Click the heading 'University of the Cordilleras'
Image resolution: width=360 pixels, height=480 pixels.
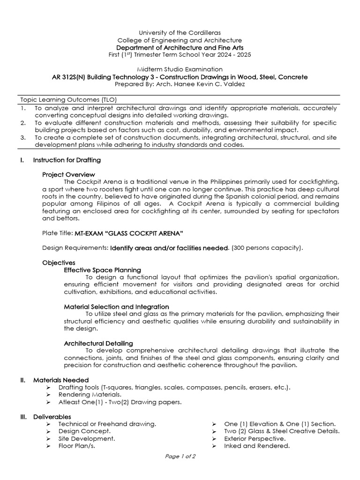[x=180, y=33]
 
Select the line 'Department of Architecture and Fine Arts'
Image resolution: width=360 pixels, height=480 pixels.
[x=180, y=48]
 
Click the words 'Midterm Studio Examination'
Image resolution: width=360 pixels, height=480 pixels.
[x=180, y=69]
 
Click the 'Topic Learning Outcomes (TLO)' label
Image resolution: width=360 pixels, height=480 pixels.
[x=68, y=100]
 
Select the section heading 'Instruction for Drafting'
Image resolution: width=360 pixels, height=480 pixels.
[x=67, y=160]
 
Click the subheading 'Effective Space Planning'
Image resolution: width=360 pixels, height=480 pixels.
[x=102, y=270]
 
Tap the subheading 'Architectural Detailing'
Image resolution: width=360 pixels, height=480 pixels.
[x=98, y=344]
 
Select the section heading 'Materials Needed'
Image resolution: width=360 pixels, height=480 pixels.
[x=60, y=380]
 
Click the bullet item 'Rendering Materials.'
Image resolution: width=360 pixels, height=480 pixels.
[x=89, y=395]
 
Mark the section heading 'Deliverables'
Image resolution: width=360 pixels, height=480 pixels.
[x=52, y=417]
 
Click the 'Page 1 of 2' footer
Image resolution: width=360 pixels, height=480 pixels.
[x=180, y=456]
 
